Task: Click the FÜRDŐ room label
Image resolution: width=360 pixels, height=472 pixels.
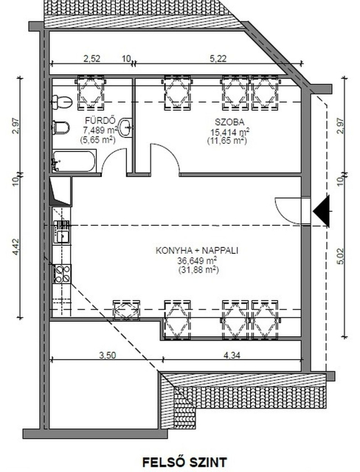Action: [100, 121]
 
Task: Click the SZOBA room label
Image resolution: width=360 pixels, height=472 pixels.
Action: [229, 122]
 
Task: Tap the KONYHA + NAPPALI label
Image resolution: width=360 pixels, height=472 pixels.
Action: [197, 251]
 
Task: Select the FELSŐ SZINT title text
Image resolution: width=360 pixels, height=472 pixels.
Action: [184, 462]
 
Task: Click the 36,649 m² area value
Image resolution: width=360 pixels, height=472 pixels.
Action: [198, 260]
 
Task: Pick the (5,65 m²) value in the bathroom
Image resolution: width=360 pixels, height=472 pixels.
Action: [98, 139]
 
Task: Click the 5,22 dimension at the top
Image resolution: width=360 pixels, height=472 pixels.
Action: [218, 58]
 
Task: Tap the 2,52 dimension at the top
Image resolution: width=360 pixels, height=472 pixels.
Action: [91, 58]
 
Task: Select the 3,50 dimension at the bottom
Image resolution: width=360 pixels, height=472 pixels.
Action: [108, 355]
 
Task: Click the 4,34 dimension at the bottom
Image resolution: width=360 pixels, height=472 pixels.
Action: [232, 355]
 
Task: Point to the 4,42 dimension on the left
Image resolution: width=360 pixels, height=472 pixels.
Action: [15, 248]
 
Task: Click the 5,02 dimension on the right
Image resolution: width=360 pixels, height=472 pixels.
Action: [340, 257]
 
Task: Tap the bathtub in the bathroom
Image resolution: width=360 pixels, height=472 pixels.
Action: [74, 161]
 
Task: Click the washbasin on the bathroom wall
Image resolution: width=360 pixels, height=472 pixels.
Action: [125, 128]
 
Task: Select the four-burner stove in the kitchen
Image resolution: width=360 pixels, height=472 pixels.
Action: [62, 274]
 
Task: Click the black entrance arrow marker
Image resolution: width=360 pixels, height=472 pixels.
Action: [321, 211]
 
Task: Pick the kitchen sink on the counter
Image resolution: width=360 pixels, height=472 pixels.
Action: [62, 232]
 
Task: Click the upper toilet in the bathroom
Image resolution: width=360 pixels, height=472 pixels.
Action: [62, 102]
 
